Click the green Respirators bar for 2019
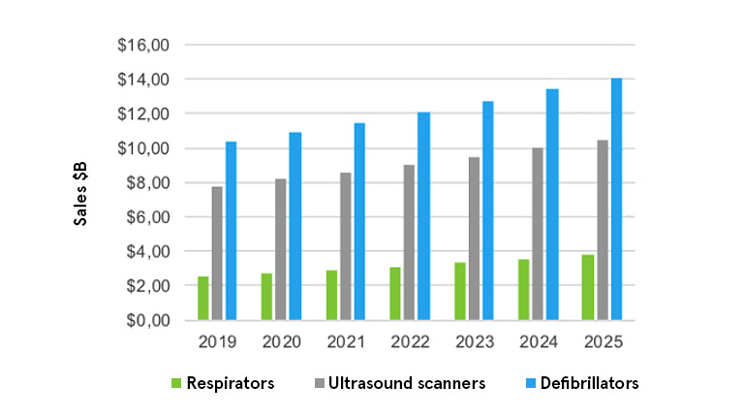[x=203, y=298]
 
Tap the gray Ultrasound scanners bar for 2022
[x=410, y=242]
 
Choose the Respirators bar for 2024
[x=524, y=289]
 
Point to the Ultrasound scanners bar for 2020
[x=281, y=249]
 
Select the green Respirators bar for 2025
[x=588, y=287]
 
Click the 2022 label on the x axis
[x=409, y=341]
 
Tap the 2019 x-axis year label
[x=217, y=341]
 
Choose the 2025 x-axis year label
[x=602, y=341]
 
